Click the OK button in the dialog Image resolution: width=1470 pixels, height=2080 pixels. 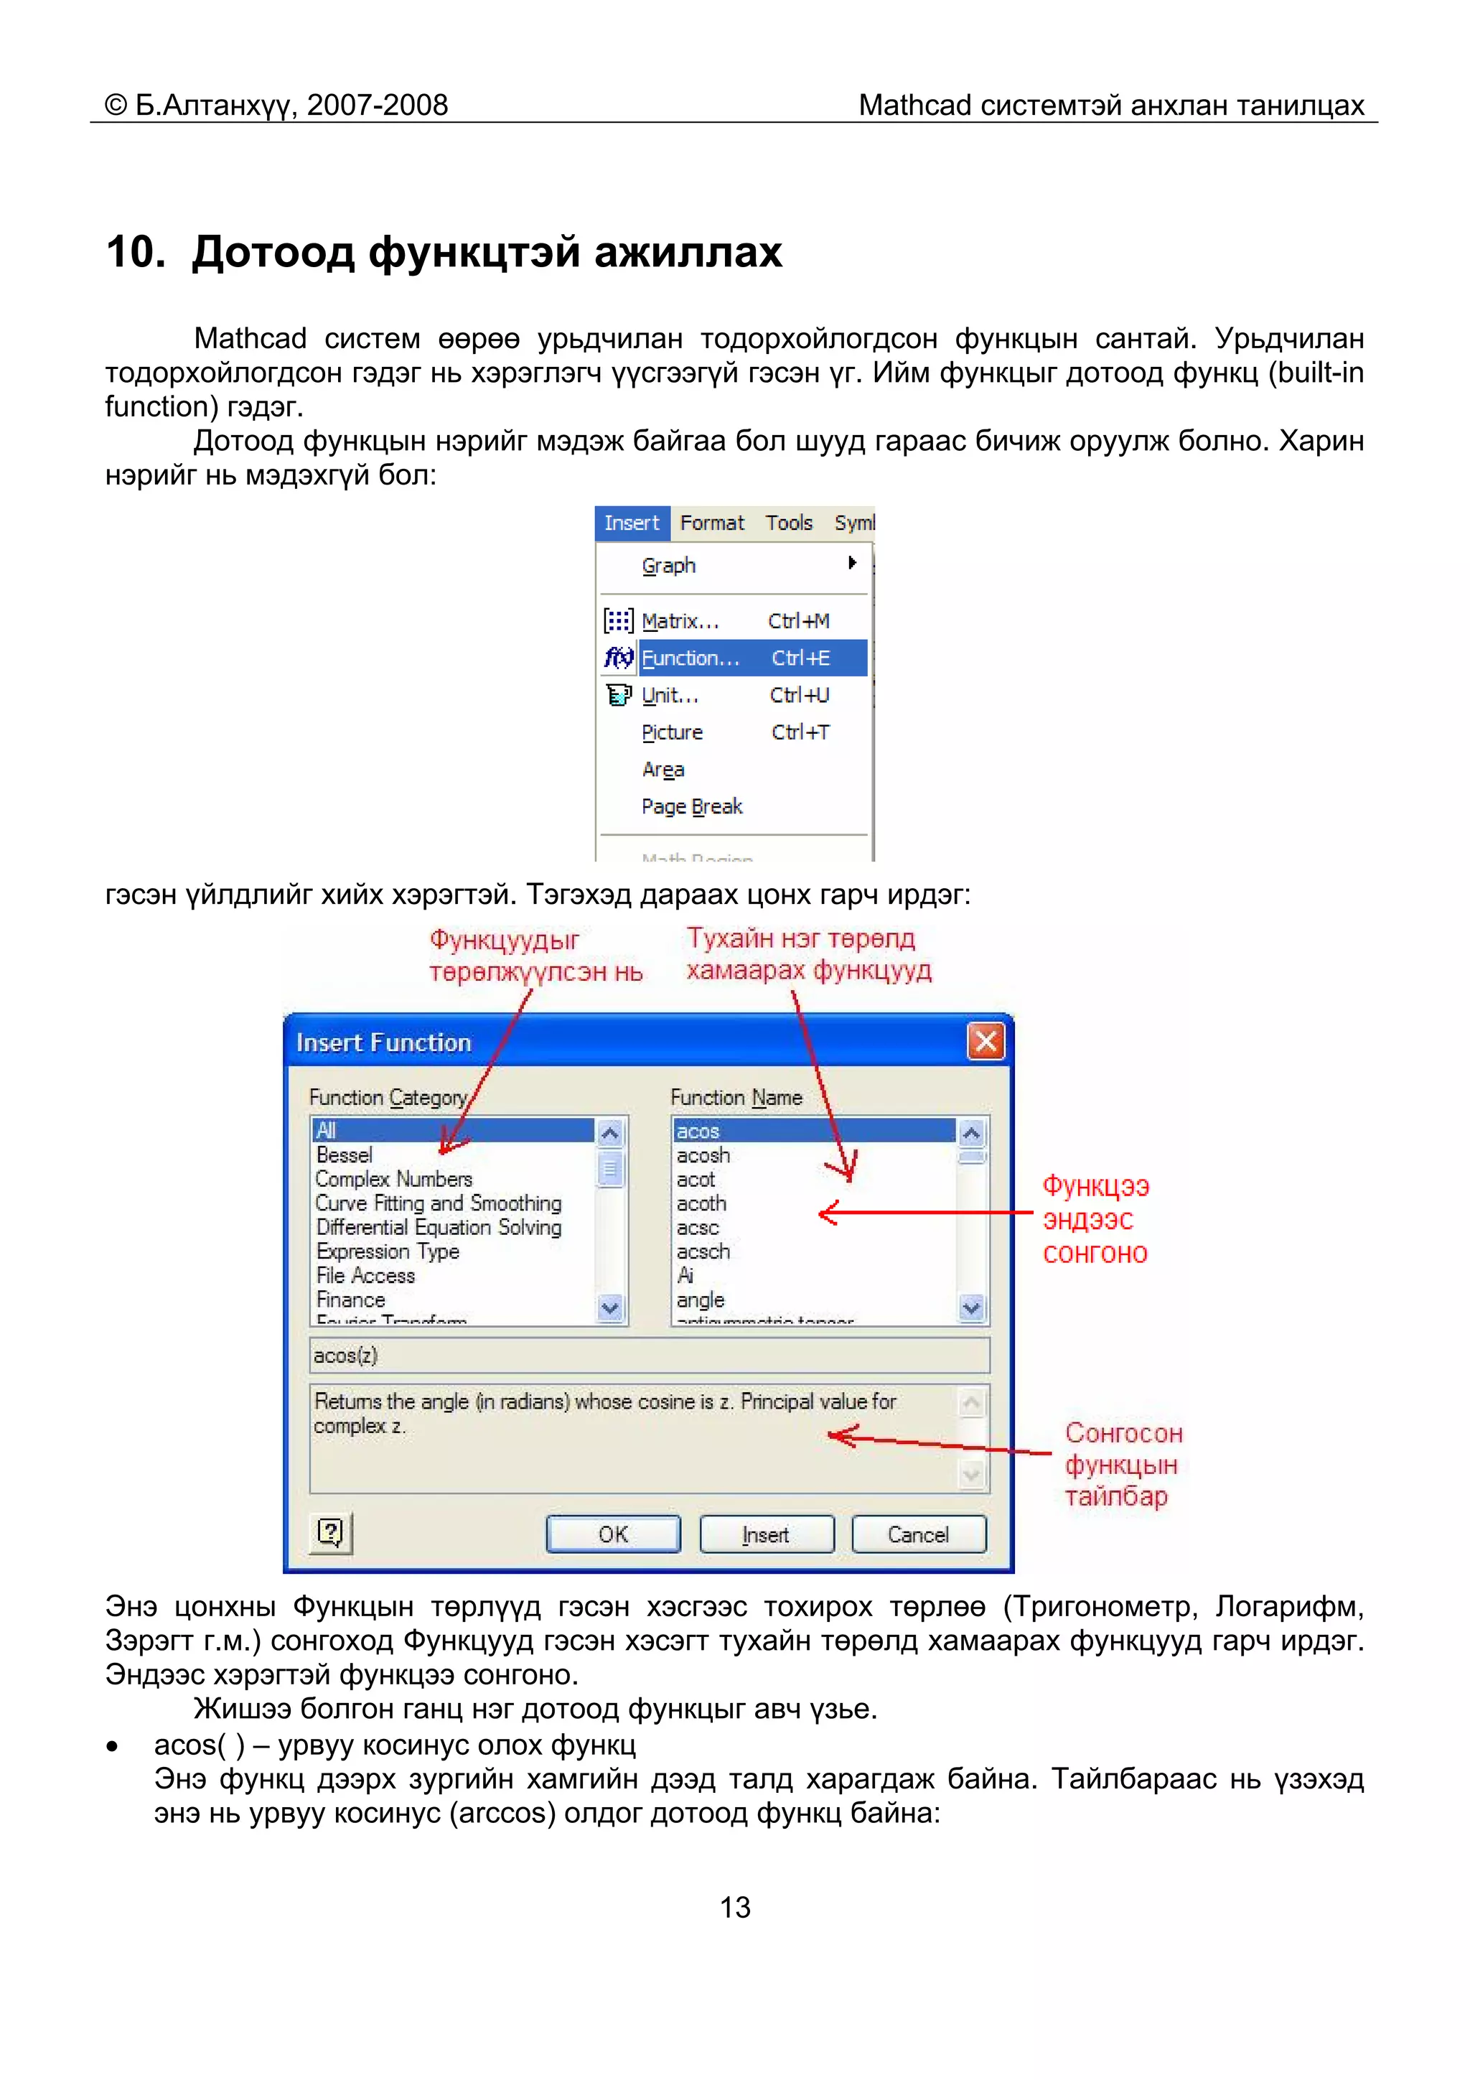click(612, 1534)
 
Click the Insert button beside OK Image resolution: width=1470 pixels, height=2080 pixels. click(767, 1534)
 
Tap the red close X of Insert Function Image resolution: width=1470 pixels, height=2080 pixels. click(986, 1041)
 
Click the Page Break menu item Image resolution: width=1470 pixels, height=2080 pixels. click(691, 806)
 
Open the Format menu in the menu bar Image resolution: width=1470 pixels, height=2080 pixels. click(712, 523)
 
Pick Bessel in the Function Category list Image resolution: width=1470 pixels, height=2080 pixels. click(345, 1155)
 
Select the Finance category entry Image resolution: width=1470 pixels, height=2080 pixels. click(350, 1299)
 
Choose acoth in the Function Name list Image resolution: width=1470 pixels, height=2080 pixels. click(701, 1203)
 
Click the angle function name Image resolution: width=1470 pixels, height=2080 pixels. click(700, 1299)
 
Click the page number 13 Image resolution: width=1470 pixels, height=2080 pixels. click(734, 1907)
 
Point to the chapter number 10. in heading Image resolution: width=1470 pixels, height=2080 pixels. click(135, 252)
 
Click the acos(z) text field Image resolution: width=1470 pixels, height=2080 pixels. click(648, 1356)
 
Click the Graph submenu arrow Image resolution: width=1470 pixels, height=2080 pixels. click(851, 563)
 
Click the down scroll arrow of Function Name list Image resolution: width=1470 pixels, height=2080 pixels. click(971, 1307)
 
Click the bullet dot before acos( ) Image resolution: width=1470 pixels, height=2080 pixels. click(112, 1745)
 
